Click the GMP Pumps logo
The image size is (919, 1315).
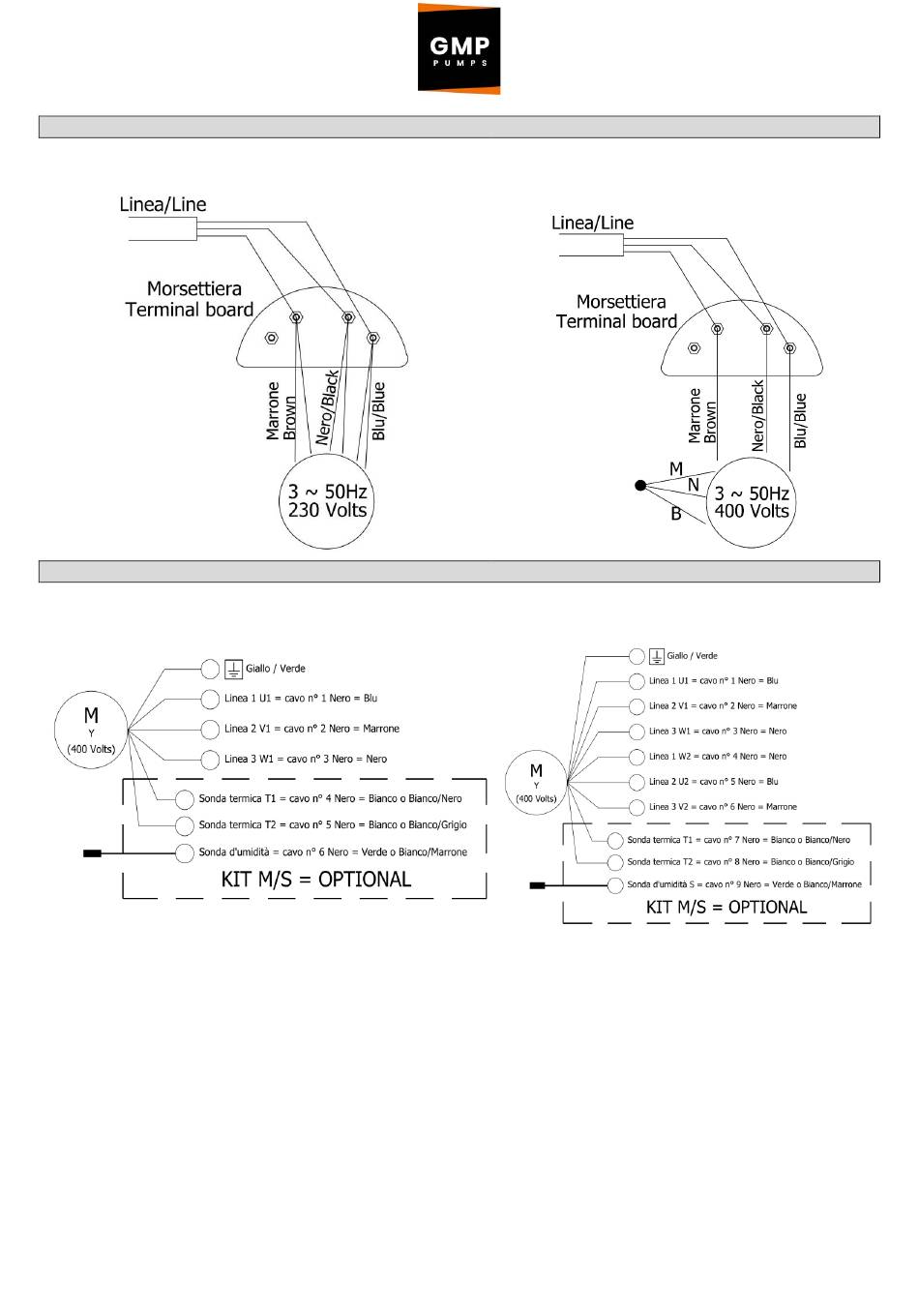pyautogui.click(x=459, y=48)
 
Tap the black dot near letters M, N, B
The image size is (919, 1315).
pyautogui.click(x=640, y=485)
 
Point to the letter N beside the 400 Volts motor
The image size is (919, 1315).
pyautogui.click(x=693, y=485)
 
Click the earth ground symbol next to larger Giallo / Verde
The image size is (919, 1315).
pyautogui.click(x=233, y=669)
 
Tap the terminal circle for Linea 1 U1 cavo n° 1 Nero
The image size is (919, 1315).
pyautogui.click(x=210, y=699)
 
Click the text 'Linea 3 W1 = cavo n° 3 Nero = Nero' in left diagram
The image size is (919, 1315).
pyautogui.click(x=305, y=759)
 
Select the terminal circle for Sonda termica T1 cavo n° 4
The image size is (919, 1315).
pyautogui.click(x=185, y=799)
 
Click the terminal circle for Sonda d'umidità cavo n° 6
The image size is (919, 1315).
pyautogui.click(x=185, y=853)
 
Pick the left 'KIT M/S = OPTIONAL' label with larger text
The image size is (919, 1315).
pyautogui.click(x=315, y=880)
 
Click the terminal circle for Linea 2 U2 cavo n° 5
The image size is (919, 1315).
pyautogui.click(x=637, y=782)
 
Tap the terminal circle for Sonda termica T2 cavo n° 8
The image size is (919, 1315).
pyautogui.click(x=615, y=862)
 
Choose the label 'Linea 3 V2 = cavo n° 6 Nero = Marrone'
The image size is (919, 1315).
pyautogui.click(x=723, y=807)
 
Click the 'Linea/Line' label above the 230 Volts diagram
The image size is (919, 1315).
pyautogui.click(x=163, y=204)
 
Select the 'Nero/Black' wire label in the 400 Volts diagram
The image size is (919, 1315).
pyautogui.click(x=758, y=416)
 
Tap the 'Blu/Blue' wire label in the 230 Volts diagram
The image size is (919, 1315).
pyautogui.click(x=378, y=411)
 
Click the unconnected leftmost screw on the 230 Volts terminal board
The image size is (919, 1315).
pyautogui.click(x=271, y=338)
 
